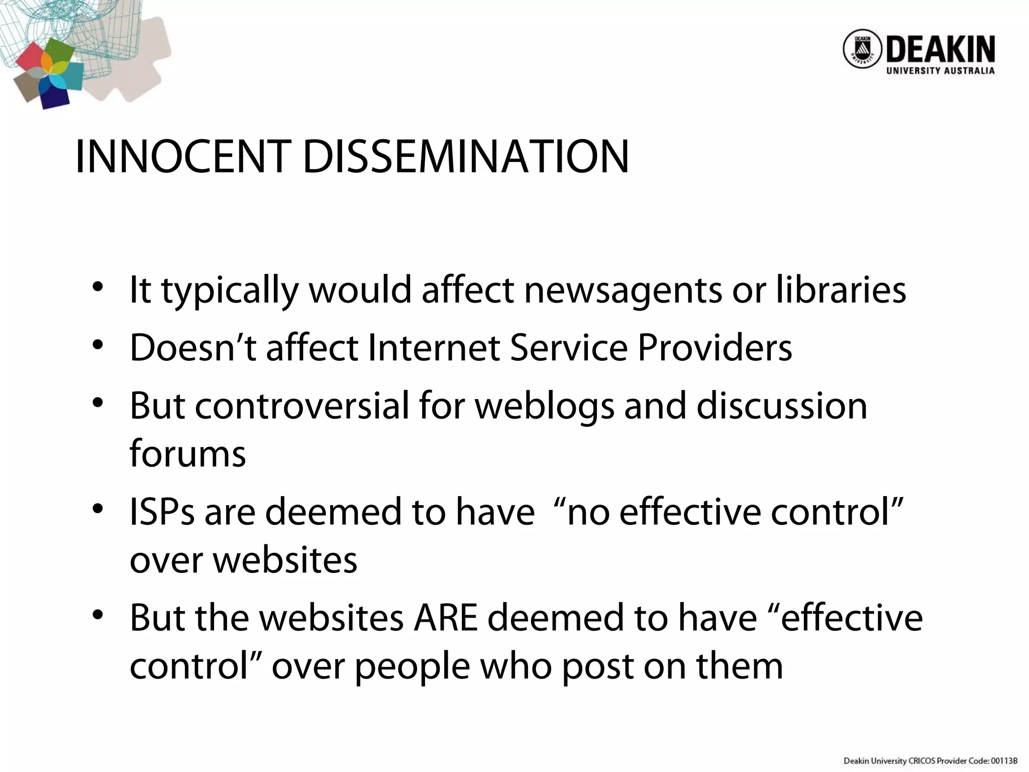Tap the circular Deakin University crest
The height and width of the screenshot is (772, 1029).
coord(862,56)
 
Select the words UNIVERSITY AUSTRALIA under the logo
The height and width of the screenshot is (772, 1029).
coord(940,71)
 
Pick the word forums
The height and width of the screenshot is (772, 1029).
coord(187,453)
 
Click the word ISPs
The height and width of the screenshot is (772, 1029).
coord(162,512)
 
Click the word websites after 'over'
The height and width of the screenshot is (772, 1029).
coord(285,560)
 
